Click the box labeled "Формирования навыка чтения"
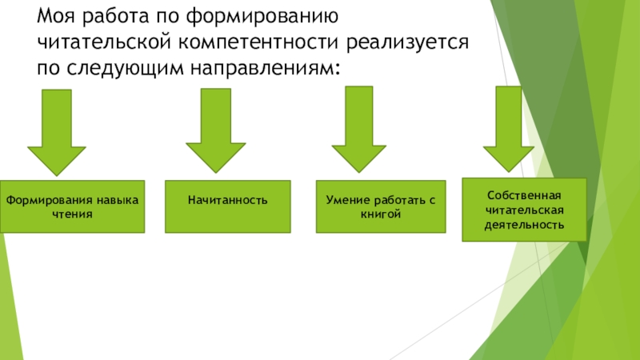(x=72, y=206)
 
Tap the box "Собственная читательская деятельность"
(x=524, y=210)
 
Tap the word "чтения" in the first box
(x=72, y=214)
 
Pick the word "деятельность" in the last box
(x=524, y=225)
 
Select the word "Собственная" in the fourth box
(x=524, y=195)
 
